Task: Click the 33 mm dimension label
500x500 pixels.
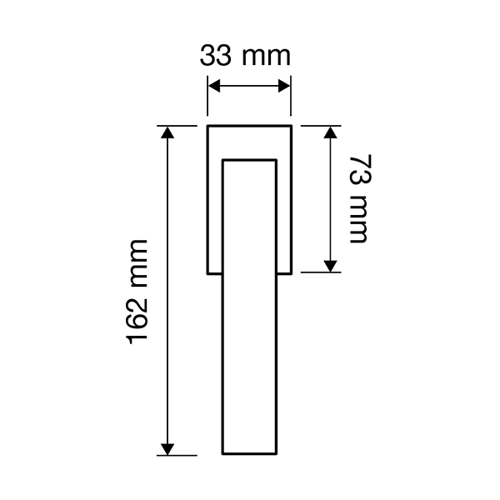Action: coord(245,56)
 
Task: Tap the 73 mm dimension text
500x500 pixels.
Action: coord(360,199)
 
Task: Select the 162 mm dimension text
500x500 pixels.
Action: coord(137,292)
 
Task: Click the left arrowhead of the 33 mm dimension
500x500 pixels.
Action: coord(214,86)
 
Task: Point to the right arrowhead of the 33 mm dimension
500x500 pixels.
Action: coord(284,86)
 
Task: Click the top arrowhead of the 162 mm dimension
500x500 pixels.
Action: coord(167,132)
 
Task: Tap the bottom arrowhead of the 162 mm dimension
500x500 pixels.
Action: coord(167,449)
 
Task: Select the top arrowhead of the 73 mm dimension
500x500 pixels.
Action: coord(330,132)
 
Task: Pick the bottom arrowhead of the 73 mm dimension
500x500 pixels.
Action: coord(330,267)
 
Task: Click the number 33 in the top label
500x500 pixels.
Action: coord(215,56)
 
